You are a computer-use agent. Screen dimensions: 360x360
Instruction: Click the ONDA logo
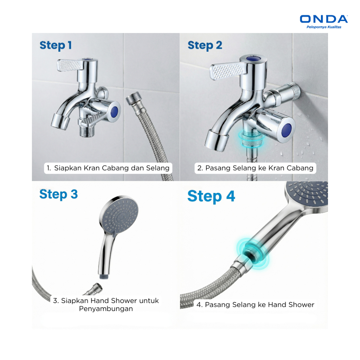tap(324, 19)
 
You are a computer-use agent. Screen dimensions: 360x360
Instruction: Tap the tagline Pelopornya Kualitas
tap(324, 27)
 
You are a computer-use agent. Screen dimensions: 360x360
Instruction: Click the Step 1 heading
tap(56, 45)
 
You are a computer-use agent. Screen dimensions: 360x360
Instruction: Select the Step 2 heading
tap(205, 45)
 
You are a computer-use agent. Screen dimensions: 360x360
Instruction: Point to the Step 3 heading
tap(59, 194)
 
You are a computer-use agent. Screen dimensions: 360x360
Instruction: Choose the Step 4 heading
tap(211, 197)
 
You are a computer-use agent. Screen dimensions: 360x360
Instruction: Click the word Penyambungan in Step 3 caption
tap(106, 309)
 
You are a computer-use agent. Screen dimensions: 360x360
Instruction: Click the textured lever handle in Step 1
tap(69, 65)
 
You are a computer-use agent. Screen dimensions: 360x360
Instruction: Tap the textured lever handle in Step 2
tap(227, 72)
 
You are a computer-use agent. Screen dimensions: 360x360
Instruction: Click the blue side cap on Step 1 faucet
tap(114, 111)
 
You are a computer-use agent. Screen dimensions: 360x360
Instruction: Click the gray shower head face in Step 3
tap(120, 216)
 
